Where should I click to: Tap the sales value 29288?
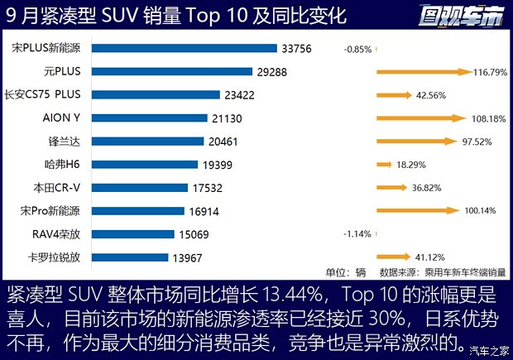tap(271, 72)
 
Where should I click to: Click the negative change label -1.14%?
tap(357, 234)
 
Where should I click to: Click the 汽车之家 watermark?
tap(485, 351)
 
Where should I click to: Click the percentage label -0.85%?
tap(357, 49)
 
